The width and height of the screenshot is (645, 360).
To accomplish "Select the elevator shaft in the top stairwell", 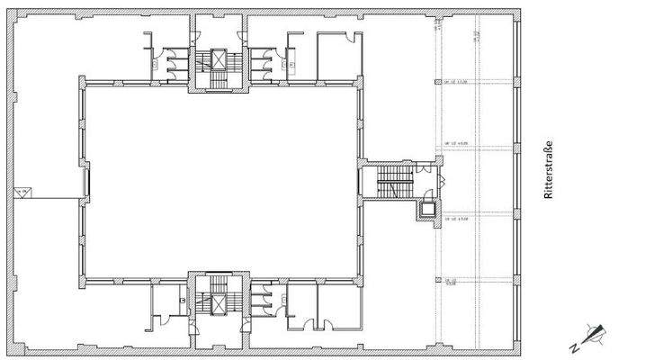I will [216, 60].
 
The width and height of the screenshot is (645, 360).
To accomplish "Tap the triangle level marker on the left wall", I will [22, 193].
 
